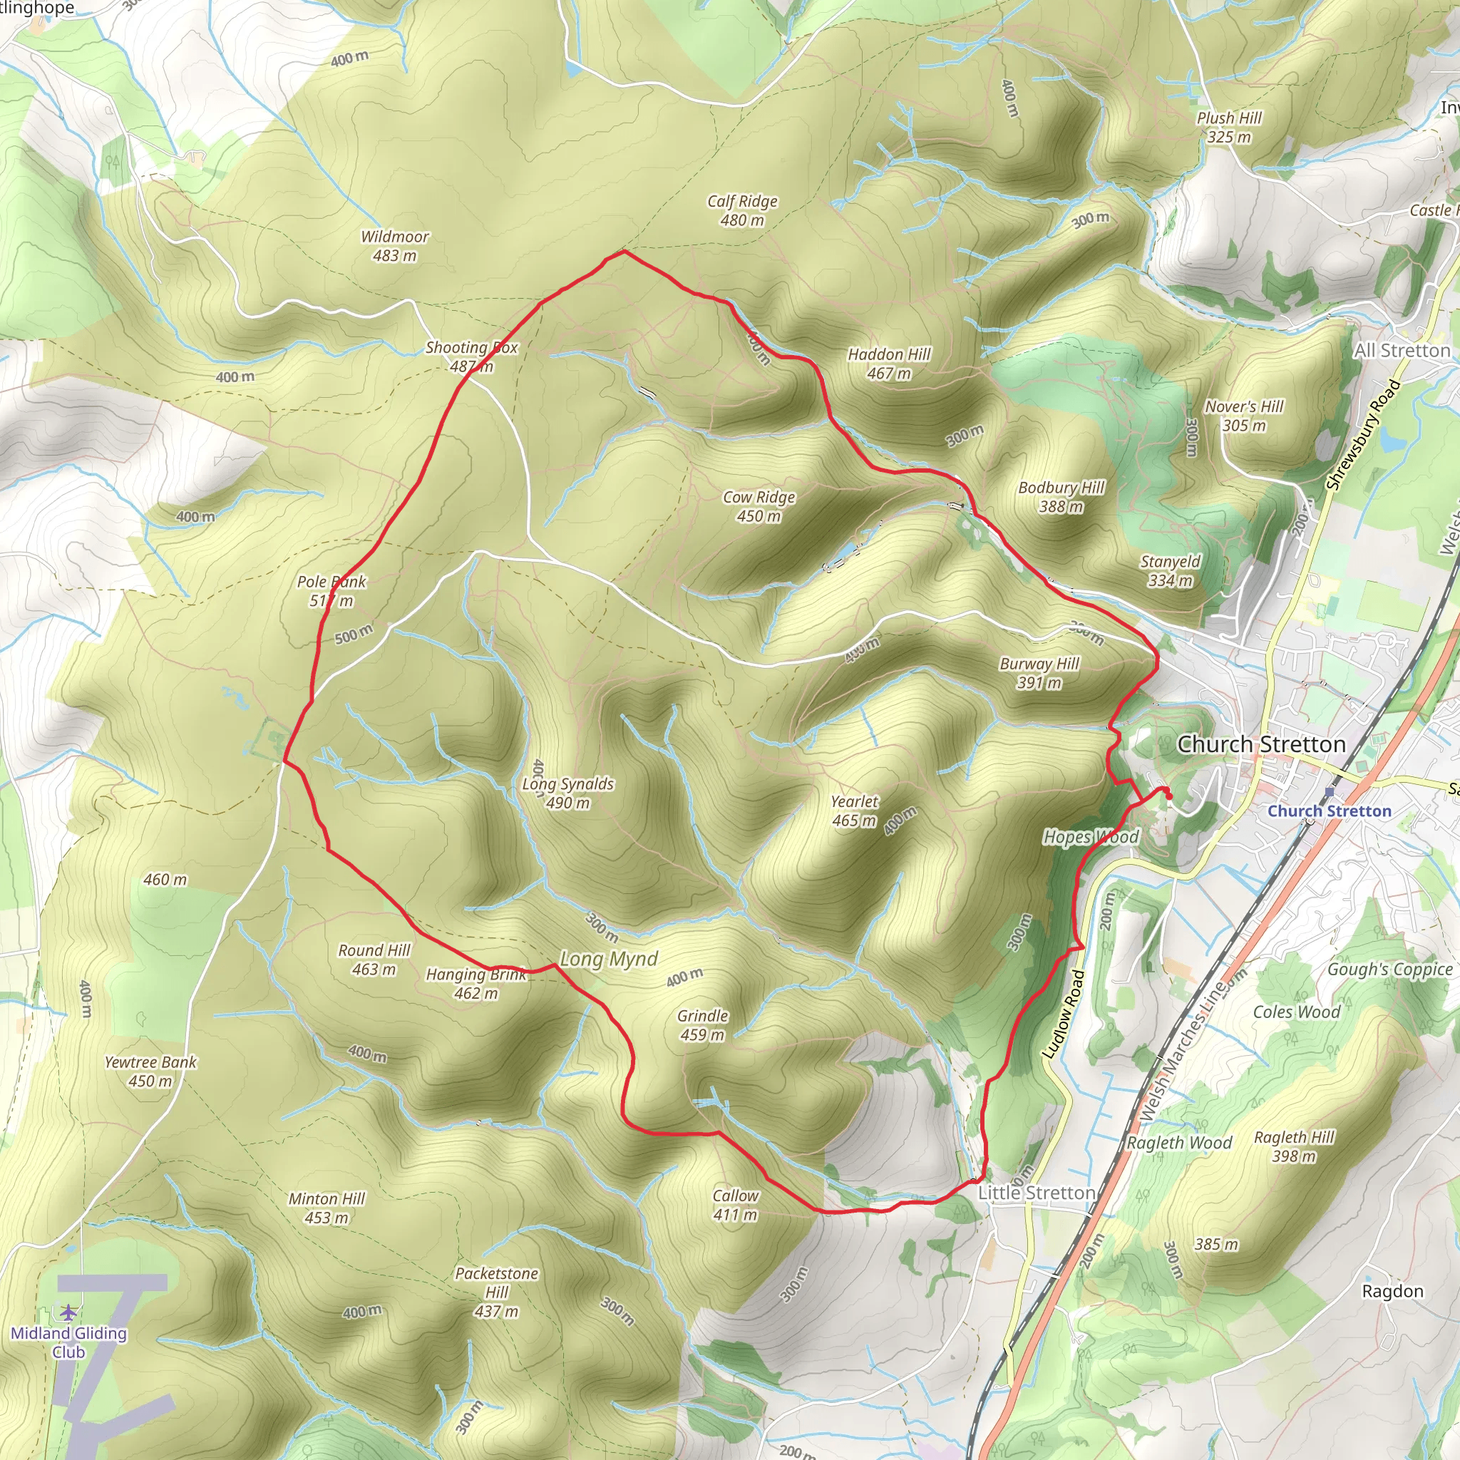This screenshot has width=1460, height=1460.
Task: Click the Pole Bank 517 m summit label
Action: pos(331,591)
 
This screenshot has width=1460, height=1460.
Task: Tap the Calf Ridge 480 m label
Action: pos(742,211)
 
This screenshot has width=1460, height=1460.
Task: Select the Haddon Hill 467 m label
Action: pos(889,364)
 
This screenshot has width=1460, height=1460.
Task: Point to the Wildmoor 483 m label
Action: pos(394,247)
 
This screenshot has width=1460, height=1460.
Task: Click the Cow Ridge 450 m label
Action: pos(759,506)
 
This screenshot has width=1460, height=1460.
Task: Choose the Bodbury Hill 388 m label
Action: pos(1061,498)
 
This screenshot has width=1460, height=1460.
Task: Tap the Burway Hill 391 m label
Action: pos(1039,672)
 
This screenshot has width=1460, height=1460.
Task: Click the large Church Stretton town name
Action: pos(1261,744)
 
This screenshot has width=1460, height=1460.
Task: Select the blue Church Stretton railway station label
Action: pos(1329,811)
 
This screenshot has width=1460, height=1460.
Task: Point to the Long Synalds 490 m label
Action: pos(567,793)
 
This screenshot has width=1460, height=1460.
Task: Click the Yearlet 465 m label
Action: pos(854,811)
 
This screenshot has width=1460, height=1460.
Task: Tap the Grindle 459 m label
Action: pos(702,1024)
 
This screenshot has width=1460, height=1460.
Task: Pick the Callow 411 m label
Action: pos(735,1205)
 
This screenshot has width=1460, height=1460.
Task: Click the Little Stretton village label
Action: pos(1036,1193)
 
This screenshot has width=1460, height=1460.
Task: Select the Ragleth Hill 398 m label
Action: pos(1294,1146)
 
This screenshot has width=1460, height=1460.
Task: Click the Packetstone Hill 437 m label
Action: pos(496,1292)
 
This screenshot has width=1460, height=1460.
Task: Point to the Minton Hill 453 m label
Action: pos(327,1208)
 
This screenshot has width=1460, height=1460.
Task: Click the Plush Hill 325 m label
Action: pos(1229,127)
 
